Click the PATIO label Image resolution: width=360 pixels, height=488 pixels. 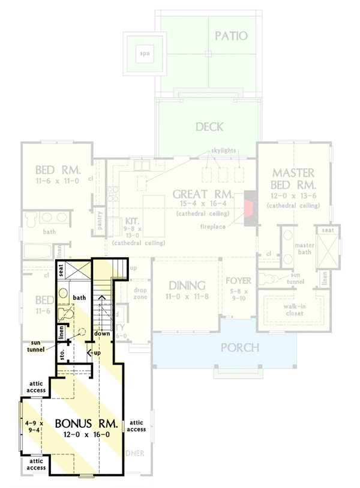coord(231,36)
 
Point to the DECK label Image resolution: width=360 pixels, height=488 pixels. coord(209,127)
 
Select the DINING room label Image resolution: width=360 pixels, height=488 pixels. coord(187,285)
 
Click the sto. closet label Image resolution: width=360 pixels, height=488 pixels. coord(62,354)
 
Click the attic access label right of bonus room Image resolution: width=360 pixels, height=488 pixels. coord(136,425)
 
